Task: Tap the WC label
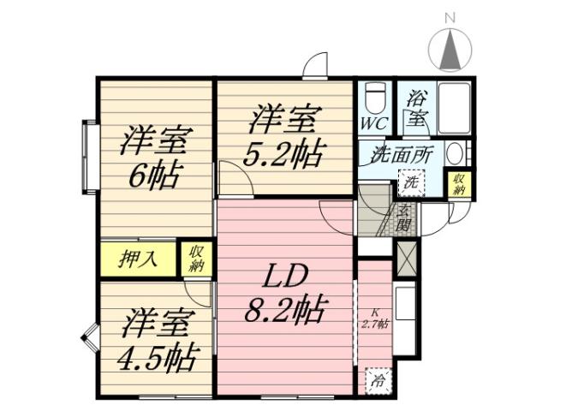click(x=372, y=122)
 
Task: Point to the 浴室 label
click(x=417, y=109)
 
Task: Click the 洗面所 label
click(x=400, y=158)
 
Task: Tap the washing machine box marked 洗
click(x=411, y=182)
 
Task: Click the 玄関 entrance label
click(x=403, y=219)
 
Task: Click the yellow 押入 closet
click(x=138, y=259)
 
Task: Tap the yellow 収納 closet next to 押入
click(x=197, y=259)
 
